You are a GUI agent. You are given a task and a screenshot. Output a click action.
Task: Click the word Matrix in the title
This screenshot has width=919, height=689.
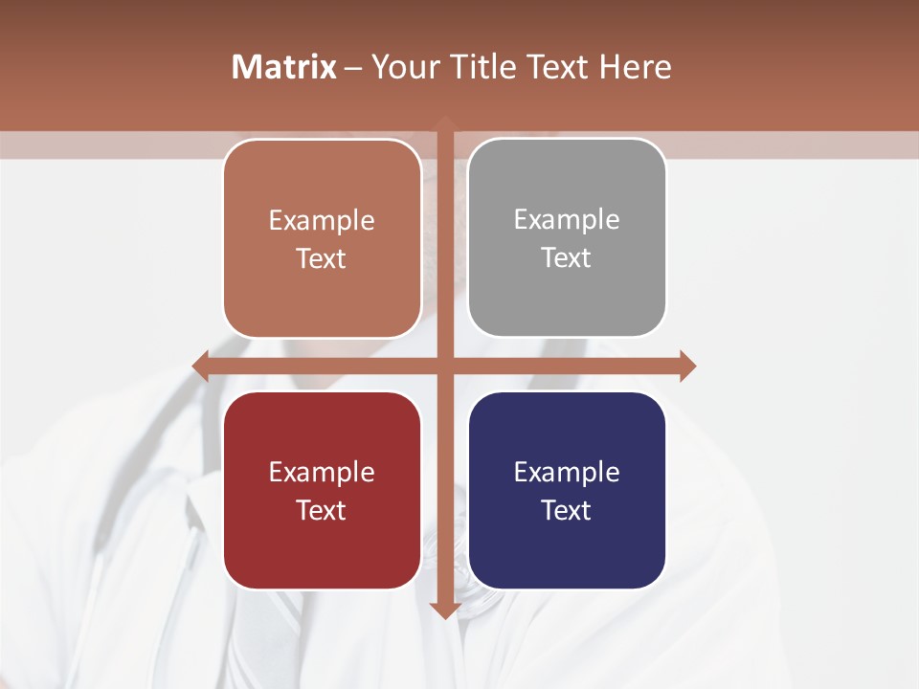click(284, 67)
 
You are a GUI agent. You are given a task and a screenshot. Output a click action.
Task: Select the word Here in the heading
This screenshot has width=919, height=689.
click(635, 67)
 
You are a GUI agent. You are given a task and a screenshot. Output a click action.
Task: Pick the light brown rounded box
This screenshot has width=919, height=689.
click(322, 238)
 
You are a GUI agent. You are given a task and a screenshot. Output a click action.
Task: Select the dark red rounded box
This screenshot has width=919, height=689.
click(322, 490)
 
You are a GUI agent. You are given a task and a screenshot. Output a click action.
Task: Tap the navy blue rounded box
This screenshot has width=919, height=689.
click(567, 490)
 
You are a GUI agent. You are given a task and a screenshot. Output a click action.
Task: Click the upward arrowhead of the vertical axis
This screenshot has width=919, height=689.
click(445, 122)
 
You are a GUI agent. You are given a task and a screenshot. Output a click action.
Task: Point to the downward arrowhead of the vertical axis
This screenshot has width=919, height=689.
click(445, 611)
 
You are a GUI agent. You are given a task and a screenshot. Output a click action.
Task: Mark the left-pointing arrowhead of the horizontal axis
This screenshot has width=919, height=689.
click(200, 366)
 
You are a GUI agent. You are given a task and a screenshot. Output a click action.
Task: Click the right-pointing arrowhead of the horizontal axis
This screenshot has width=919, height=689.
click(688, 366)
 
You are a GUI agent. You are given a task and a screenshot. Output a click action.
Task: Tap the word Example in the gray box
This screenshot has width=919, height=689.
click(567, 219)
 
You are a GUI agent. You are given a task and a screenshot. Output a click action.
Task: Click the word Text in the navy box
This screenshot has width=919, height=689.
click(567, 510)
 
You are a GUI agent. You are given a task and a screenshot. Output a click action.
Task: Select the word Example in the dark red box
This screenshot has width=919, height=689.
click(322, 472)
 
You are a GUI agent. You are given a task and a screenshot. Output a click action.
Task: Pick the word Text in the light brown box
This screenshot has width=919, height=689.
click(322, 258)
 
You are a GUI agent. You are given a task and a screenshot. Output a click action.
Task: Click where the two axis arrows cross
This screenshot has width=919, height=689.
click(445, 366)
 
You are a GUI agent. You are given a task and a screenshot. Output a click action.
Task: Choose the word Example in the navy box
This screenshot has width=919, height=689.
click(567, 472)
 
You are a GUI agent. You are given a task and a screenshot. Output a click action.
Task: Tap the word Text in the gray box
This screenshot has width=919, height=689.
click(567, 257)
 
